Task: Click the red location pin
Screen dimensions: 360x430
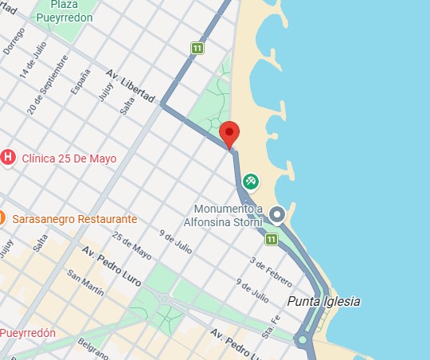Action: click(x=229, y=134)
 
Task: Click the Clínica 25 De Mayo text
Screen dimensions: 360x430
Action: click(x=68, y=158)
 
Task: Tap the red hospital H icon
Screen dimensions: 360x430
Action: click(x=8, y=157)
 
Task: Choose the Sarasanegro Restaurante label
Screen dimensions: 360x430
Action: click(x=74, y=218)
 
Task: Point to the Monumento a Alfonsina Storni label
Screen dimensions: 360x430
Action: click(x=223, y=216)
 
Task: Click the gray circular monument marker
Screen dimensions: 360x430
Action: click(x=277, y=213)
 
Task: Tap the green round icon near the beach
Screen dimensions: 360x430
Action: click(x=252, y=182)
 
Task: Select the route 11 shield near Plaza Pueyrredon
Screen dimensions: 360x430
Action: click(x=196, y=49)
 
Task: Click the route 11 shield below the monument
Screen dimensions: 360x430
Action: click(x=272, y=238)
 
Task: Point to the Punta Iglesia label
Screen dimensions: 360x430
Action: click(x=324, y=302)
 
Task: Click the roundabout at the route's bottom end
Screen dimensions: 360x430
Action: click(x=302, y=340)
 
